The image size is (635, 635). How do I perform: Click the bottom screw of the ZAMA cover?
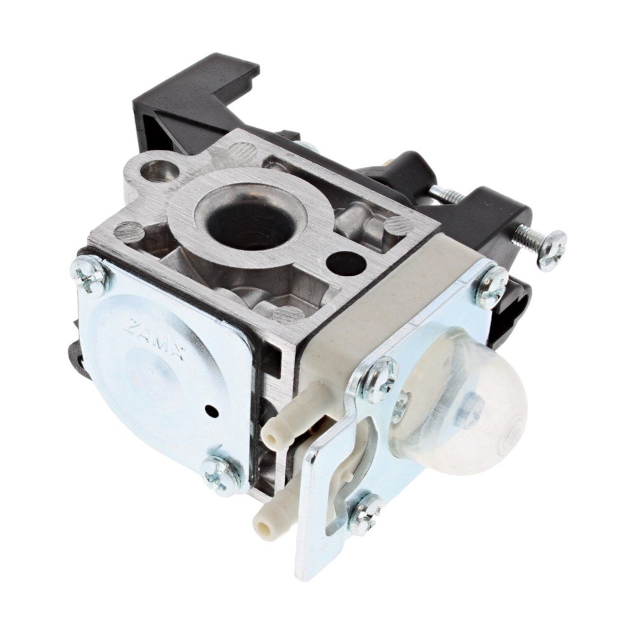[218, 474]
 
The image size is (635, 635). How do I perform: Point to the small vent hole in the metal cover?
[212, 410]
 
